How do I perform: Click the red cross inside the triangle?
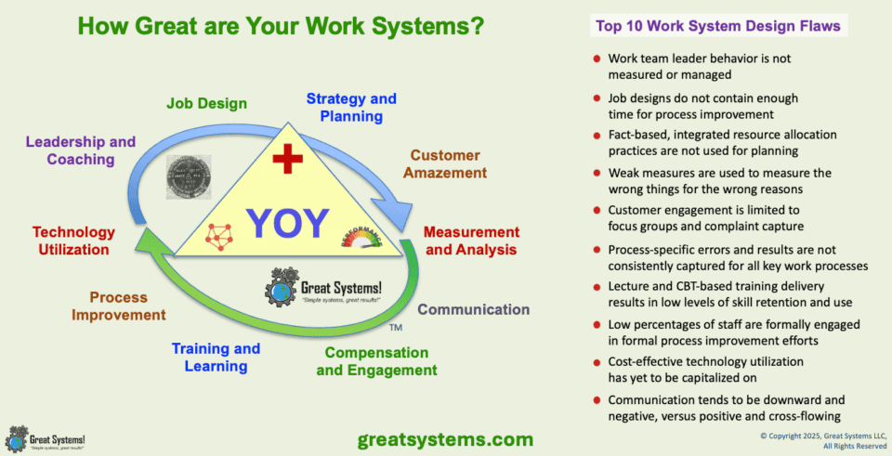tap(287, 160)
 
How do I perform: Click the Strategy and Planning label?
tap(351, 107)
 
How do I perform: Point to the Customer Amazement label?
tap(449, 163)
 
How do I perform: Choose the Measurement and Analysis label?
tap(471, 240)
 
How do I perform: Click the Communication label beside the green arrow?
tap(473, 309)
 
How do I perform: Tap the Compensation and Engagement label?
tap(376, 361)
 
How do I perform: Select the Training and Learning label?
tap(216, 358)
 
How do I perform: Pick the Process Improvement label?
tap(127, 306)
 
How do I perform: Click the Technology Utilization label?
tap(73, 241)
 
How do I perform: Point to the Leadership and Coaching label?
tap(81, 150)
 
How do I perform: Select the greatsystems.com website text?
tap(445, 438)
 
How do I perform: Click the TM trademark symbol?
tap(395, 329)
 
